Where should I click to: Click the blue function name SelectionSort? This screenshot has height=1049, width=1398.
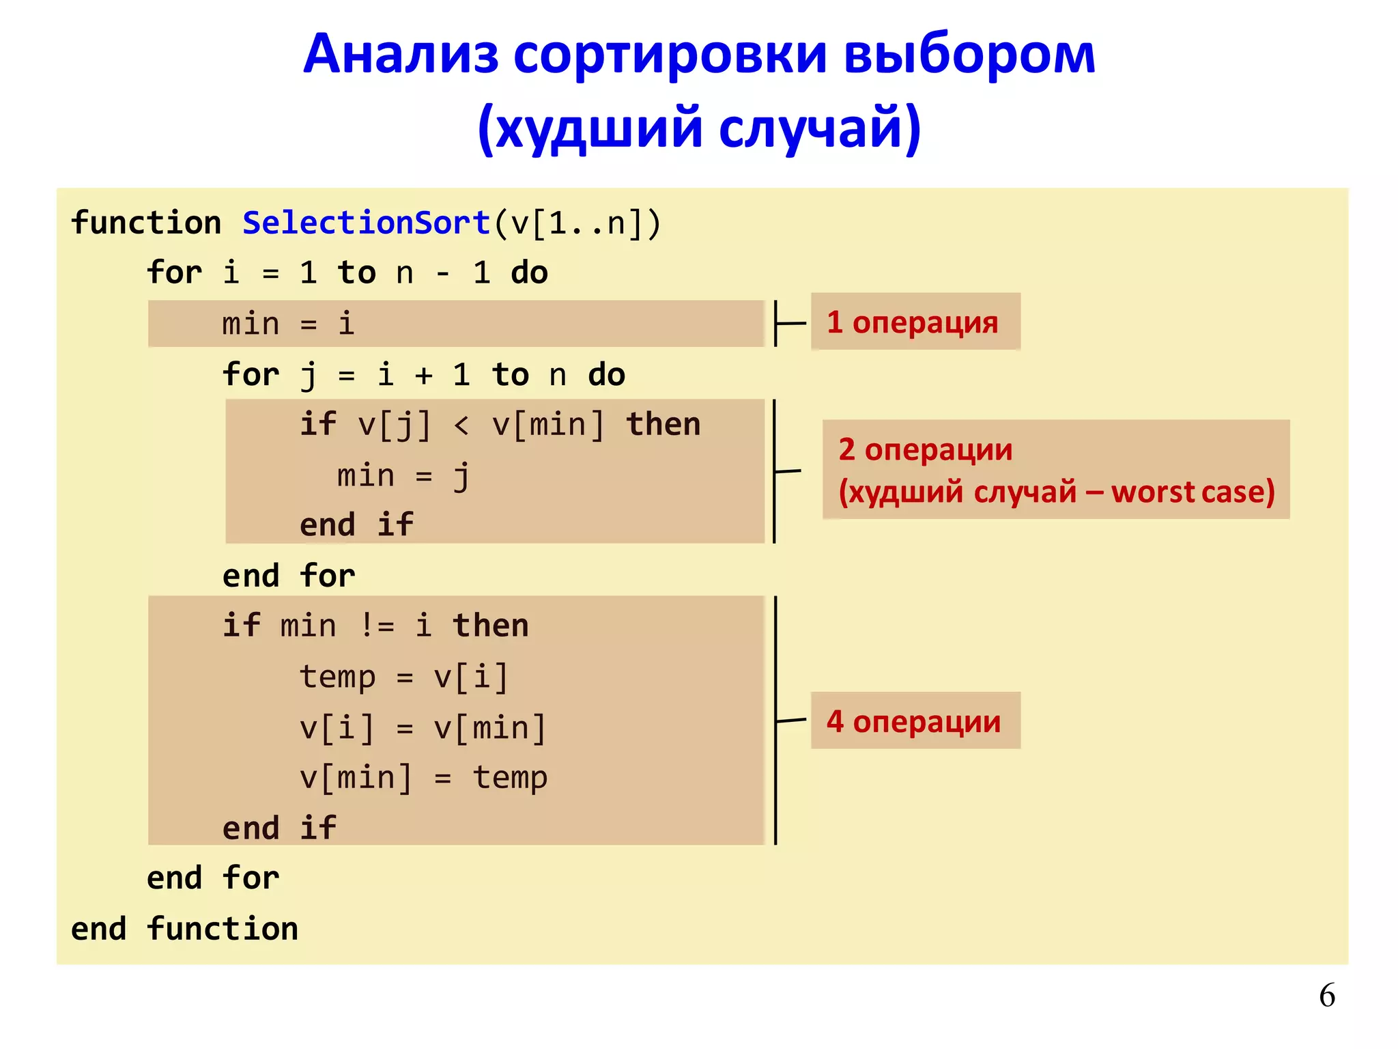coord(366,223)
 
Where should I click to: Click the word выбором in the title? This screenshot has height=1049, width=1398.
coord(969,55)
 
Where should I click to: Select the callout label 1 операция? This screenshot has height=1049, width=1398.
coord(913,322)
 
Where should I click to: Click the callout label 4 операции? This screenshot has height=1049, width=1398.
coord(914,721)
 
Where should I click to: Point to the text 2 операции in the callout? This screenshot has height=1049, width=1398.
coord(925,450)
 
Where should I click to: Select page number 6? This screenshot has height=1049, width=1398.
coord(1326,996)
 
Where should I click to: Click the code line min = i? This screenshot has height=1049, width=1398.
coord(288,324)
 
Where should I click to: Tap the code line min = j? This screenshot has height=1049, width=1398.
coord(403,475)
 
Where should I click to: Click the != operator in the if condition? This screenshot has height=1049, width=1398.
coord(377,626)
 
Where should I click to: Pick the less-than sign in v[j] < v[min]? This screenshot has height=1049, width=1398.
coord(461,425)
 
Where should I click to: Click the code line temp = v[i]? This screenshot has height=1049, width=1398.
coord(403,677)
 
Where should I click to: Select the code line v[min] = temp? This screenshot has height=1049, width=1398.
coord(423,778)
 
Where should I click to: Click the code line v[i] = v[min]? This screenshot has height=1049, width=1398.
coord(423,727)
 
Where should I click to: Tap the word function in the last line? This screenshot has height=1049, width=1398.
coord(223,929)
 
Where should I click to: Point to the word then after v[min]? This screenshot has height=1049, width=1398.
coord(663,425)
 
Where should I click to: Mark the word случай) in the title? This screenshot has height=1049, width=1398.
coord(820,128)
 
